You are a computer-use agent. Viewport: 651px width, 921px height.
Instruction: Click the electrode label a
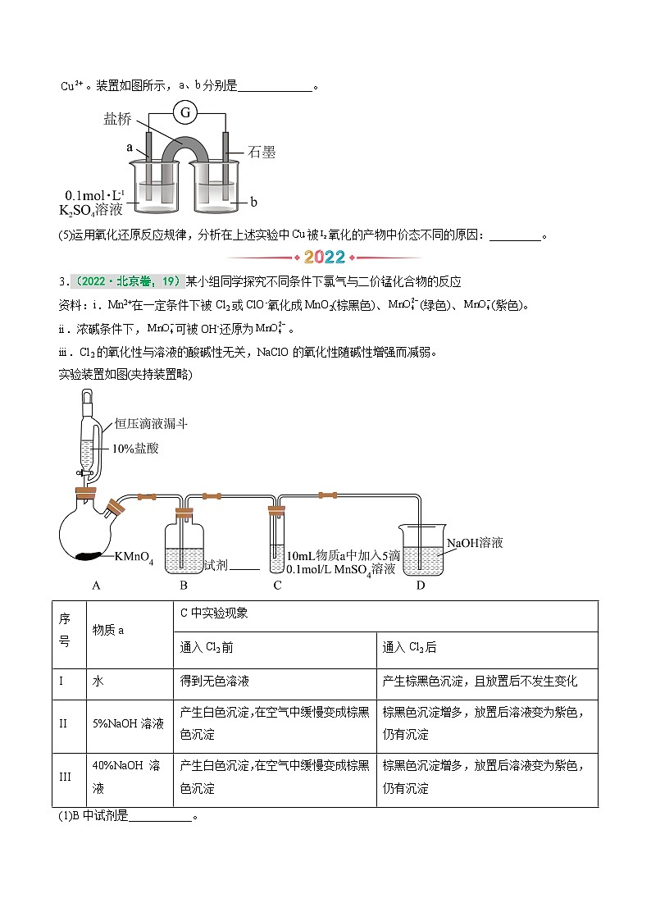(x=130, y=148)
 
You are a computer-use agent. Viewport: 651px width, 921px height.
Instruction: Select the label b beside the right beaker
(x=254, y=201)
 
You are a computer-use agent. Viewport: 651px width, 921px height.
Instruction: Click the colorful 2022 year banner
(x=325, y=257)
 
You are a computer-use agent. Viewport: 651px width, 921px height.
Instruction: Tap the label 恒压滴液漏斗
(x=152, y=424)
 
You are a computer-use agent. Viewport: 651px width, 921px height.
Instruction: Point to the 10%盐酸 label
(x=135, y=448)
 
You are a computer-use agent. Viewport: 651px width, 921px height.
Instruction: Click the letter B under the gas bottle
(x=184, y=585)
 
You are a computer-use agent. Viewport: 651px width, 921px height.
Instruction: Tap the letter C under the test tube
(x=277, y=585)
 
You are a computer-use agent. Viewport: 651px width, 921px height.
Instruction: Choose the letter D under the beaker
(x=421, y=585)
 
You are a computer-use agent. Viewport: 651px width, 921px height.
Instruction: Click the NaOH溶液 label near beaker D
(x=475, y=543)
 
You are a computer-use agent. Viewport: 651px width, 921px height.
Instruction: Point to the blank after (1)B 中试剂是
(x=160, y=818)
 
